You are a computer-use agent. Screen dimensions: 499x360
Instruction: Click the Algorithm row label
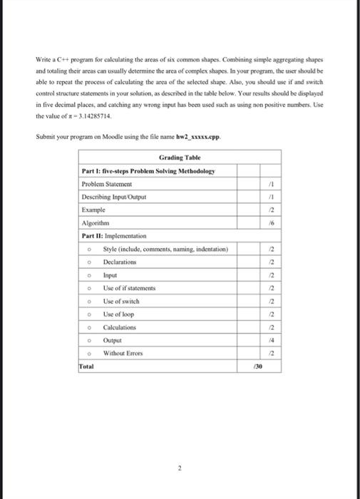point(96,223)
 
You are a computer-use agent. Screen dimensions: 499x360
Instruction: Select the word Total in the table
point(87,367)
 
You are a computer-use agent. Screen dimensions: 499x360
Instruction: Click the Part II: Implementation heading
point(114,235)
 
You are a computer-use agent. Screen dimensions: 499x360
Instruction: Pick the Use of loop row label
point(118,314)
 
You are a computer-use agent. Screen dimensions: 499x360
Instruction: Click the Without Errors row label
point(123,354)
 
